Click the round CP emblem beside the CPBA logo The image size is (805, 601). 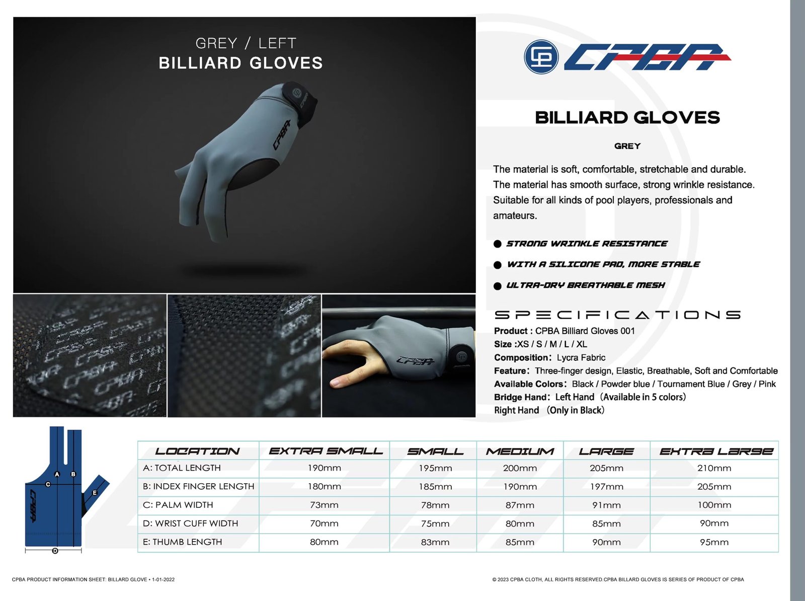[541, 57]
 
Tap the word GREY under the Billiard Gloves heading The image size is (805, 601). [627, 146]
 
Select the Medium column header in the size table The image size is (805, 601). [520, 452]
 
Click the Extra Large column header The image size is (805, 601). [716, 452]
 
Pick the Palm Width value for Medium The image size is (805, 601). [520, 505]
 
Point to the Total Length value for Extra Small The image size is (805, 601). [324, 468]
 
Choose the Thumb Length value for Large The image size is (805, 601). [606, 542]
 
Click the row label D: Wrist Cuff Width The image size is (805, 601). [190, 523]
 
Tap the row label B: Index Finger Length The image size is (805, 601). [198, 486]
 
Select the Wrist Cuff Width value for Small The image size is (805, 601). [435, 523]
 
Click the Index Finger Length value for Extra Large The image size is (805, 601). [714, 487]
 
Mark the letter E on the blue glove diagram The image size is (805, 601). [95, 493]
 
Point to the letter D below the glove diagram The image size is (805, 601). [55, 550]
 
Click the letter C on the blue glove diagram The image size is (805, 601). [48, 484]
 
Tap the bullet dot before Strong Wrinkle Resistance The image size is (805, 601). [497, 244]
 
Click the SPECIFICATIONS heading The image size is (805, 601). [617, 315]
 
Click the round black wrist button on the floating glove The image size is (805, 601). [296, 93]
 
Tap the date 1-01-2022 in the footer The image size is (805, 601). [163, 579]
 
